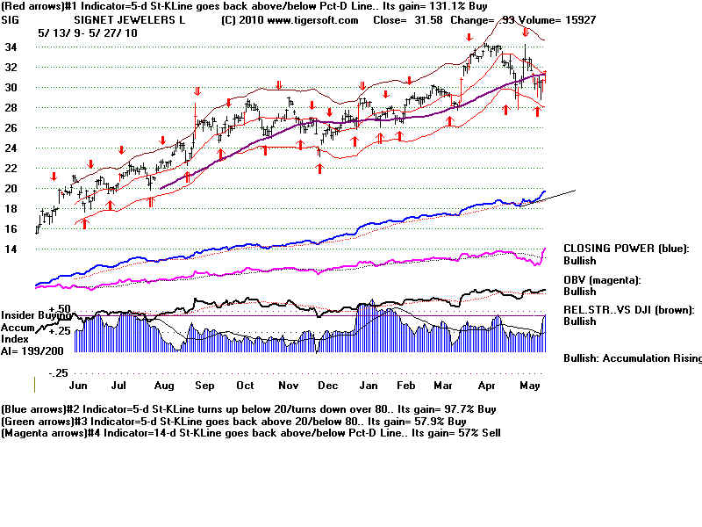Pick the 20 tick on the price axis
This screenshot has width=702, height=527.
(x=11, y=189)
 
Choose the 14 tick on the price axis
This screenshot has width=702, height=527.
(x=11, y=249)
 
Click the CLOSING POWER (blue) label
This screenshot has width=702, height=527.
(x=626, y=249)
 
